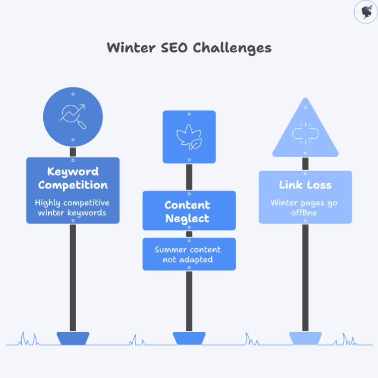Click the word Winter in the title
point(130,48)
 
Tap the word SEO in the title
point(174,48)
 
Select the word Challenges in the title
point(232,48)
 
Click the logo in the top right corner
point(366,12)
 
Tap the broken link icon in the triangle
point(305,133)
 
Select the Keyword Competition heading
point(73,179)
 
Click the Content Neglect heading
point(188,212)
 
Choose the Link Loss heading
point(305,185)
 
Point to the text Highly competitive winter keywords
point(73,208)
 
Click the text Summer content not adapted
point(188,255)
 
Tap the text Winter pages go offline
point(305,208)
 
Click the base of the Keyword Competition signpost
point(73,338)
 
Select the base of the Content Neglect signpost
point(189,338)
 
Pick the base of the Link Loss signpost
point(305,338)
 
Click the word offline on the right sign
point(305,213)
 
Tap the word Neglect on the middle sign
point(188,219)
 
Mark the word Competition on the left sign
point(73,186)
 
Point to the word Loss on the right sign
point(319,185)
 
